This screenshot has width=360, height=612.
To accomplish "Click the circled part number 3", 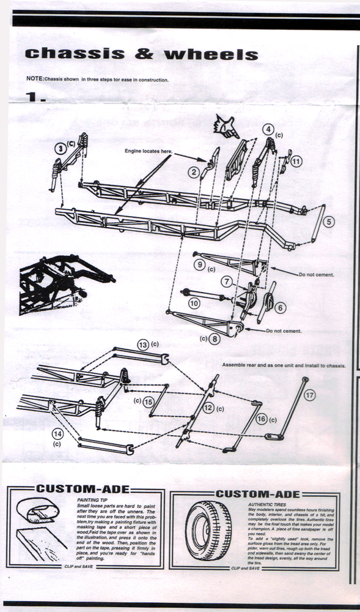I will point(60,147).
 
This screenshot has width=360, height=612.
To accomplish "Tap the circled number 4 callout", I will point(268,129).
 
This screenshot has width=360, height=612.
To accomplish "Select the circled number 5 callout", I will point(329,222).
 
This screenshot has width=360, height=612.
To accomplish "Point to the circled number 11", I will point(296,162).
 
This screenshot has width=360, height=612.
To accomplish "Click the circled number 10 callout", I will point(194,302).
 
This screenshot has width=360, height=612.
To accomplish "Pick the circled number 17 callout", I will point(310,395).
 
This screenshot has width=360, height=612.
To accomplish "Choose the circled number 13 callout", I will point(142,345).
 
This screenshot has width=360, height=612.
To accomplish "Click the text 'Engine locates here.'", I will point(149,150).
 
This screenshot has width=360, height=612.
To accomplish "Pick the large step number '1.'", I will point(36,97).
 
